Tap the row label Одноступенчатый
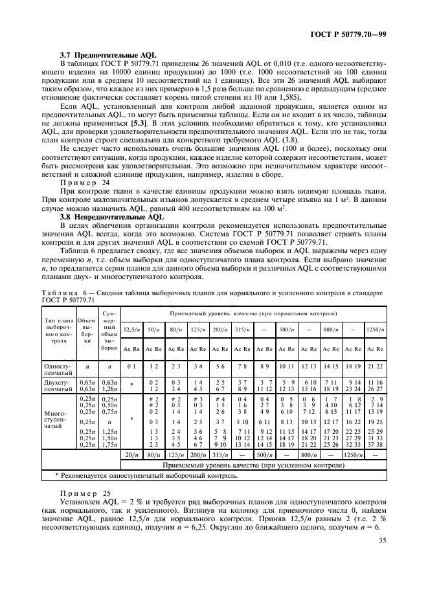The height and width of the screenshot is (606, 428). coord(58,369)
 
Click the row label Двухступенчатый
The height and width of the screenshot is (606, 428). coord(58,385)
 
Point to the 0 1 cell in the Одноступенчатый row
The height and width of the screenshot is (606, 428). coord(131,366)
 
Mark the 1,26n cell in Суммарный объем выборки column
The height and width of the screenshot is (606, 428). coord(108,388)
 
